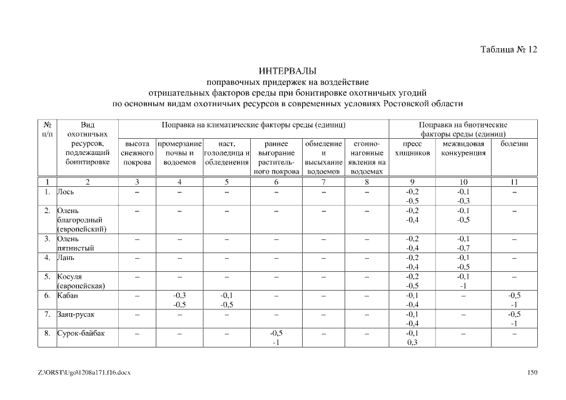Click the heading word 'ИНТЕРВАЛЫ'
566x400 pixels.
(288, 71)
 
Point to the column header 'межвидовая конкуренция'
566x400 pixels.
(463, 149)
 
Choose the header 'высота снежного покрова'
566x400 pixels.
(136, 153)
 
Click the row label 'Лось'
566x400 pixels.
(66, 192)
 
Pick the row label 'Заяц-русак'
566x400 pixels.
(77, 314)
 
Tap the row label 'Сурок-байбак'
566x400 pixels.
(81, 333)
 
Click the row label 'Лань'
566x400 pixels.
(66, 257)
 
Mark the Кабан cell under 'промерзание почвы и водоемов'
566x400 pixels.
(179, 300)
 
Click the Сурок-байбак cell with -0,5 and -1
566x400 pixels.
(276, 337)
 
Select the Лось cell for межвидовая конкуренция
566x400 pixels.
(463, 196)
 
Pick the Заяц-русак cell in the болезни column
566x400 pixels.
(514, 319)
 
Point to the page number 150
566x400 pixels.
(532, 373)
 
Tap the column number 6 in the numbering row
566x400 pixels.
(276, 182)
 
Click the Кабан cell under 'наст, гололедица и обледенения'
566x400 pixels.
(226, 300)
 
